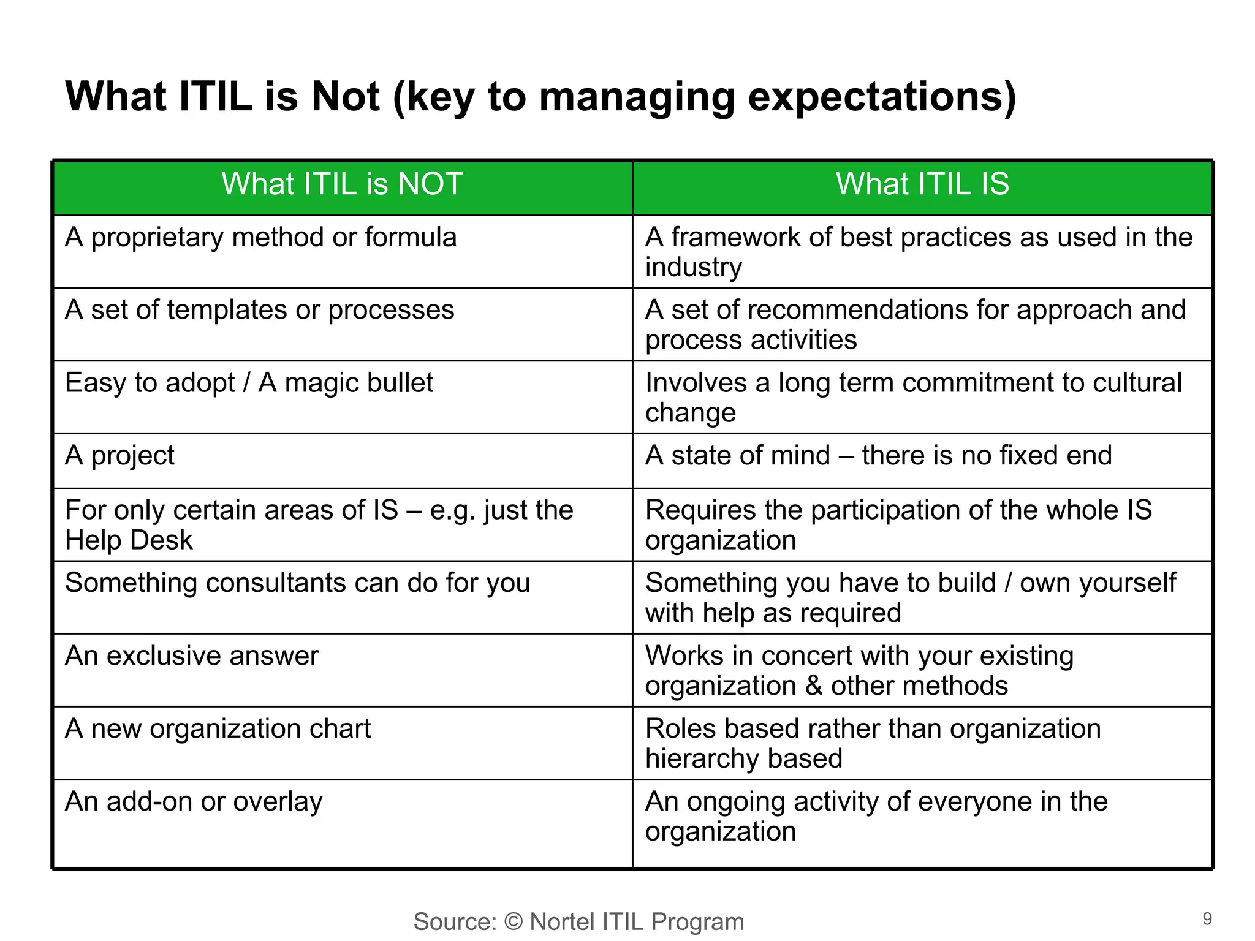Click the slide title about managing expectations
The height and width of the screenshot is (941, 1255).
point(540,97)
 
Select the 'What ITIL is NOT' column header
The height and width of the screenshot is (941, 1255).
point(342,184)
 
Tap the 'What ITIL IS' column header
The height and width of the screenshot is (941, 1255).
point(922,184)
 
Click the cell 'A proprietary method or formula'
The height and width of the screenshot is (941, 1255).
point(261,238)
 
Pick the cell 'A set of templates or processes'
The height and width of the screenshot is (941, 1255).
point(260,310)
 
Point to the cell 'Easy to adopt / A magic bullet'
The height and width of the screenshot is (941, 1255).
point(249,383)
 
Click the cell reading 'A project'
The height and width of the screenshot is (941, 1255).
point(120,456)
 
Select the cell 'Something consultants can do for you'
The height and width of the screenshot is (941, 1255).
point(298,583)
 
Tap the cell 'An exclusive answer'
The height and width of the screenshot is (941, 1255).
point(192,656)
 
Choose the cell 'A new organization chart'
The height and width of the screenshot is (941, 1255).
point(218,728)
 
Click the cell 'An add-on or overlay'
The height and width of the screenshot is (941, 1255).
point(194,801)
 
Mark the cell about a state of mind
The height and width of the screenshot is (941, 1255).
point(878,456)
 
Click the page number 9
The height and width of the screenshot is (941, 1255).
point(1207,919)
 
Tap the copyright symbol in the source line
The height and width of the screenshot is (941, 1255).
point(514,922)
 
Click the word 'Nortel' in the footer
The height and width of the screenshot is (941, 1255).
point(562,922)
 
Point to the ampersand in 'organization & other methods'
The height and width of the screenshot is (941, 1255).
point(814,686)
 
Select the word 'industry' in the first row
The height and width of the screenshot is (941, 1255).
point(694,268)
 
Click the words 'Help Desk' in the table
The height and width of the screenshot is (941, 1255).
point(129,540)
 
